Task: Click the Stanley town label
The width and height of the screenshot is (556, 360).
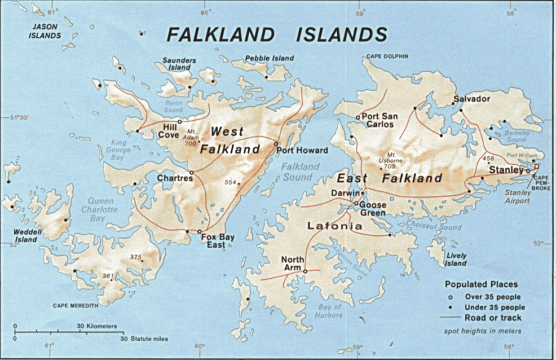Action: point(506,169)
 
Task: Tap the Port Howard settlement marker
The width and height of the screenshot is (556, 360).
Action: point(276,144)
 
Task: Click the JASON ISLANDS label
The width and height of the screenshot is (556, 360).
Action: point(46,31)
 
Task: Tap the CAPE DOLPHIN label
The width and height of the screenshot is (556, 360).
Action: point(387,56)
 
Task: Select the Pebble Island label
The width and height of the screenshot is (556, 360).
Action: point(270,58)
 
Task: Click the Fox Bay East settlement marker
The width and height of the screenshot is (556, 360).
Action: point(200,231)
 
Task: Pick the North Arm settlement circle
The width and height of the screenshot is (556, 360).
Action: point(305,271)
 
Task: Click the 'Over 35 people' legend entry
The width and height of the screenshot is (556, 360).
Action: point(492,297)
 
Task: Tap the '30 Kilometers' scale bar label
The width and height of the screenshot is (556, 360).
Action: point(97,326)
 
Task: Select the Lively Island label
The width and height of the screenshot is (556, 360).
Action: point(455,260)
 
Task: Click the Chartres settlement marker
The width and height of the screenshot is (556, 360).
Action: point(192,172)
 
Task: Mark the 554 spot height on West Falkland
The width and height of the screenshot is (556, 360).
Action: point(231,182)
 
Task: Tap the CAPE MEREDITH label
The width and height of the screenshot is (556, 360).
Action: point(76,305)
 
